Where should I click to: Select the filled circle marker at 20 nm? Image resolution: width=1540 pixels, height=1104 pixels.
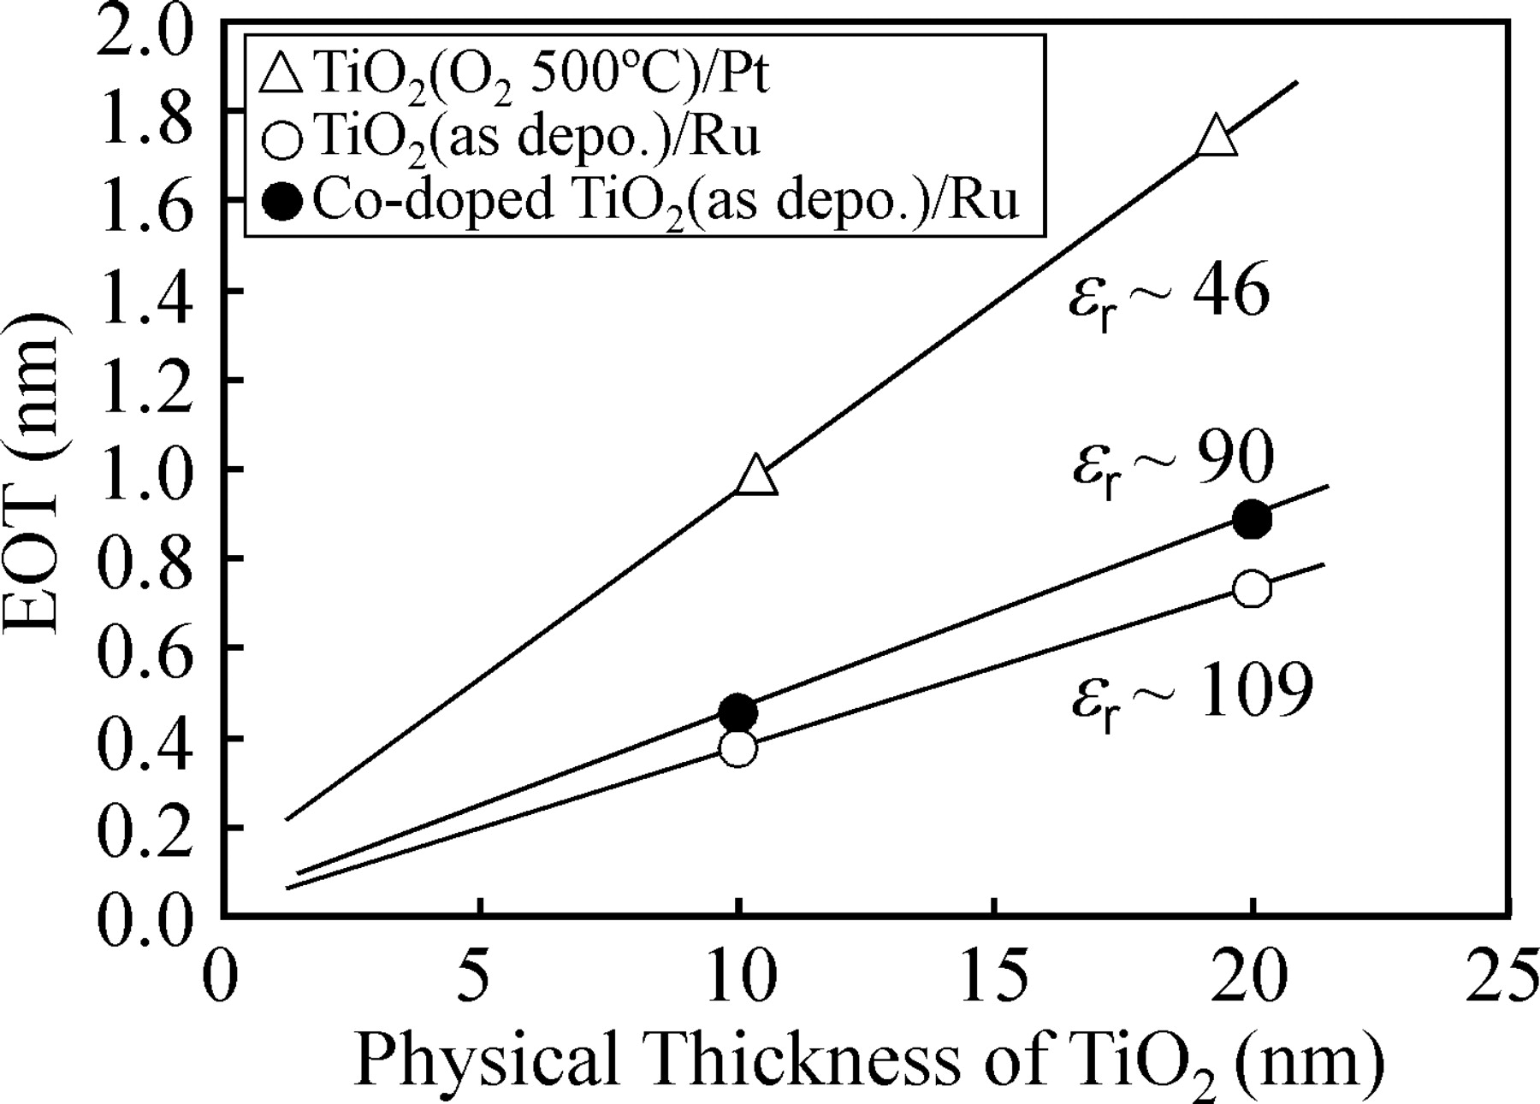pos(1253,520)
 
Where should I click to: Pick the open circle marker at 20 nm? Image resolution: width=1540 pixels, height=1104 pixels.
pos(1253,589)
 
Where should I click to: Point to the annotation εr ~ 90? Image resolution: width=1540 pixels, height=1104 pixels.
pos(1173,463)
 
